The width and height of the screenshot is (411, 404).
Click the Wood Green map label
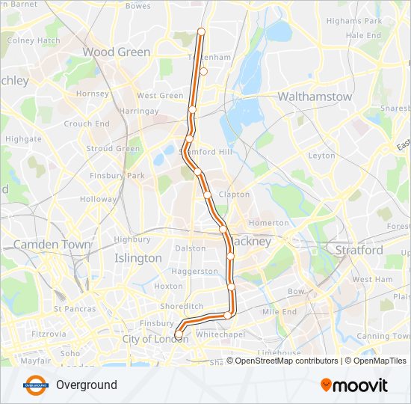click(x=116, y=52)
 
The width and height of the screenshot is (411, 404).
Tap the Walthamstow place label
click(x=315, y=97)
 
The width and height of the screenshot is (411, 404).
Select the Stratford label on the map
click(x=359, y=250)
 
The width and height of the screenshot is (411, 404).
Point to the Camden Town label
click(x=52, y=245)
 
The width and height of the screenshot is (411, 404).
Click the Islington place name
click(x=138, y=258)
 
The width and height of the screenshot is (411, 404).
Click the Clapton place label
click(x=234, y=195)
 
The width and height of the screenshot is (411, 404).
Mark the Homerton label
click(x=268, y=223)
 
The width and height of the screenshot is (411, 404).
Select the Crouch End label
click(x=87, y=124)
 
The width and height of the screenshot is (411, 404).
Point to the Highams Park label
click(x=354, y=21)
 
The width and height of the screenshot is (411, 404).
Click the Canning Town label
click(x=383, y=336)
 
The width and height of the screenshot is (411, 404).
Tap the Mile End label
click(x=279, y=311)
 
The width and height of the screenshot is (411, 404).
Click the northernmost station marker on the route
click(x=200, y=31)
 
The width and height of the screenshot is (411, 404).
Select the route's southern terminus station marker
click(x=179, y=334)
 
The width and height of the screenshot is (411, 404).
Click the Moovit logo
click(x=354, y=385)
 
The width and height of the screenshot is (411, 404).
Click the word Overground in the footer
click(x=87, y=385)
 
